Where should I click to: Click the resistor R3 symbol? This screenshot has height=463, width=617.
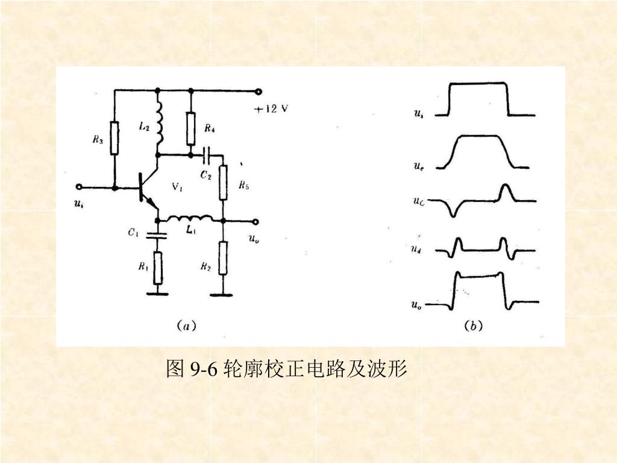[x=114, y=137]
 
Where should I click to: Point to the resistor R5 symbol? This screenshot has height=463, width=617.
[x=223, y=183]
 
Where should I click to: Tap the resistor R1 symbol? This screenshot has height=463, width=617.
[x=158, y=268]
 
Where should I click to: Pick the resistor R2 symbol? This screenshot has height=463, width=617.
[x=223, y=257]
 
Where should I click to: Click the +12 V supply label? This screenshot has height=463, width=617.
[x=271, y=109]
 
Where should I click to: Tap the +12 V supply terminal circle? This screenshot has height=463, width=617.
[x=258, y=91]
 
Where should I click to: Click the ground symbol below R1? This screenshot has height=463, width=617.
[x=158, y=294]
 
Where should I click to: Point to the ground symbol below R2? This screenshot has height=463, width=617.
[x=223, y=294]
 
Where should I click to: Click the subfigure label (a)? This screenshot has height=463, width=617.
[x=186, y=326]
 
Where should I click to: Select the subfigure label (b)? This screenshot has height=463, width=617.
[x=472, y=326]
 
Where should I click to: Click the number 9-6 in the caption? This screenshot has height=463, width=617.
[x=202, y=368]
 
